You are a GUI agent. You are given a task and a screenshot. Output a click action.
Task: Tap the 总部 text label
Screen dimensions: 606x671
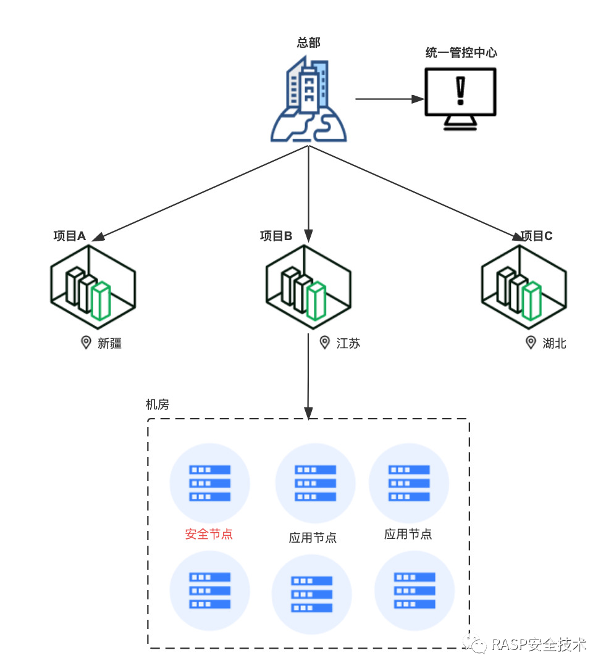(x=308, y=43)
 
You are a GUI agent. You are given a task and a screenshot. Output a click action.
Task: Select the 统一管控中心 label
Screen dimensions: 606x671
(x=461, y=52)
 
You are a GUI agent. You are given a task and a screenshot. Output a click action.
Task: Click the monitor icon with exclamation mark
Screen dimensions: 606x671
(x=460, y=98)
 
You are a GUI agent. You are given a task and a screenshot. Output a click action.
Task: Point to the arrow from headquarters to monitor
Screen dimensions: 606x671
(x=390, y=99)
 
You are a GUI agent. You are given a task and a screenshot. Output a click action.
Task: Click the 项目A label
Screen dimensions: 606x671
(x=69, y=236)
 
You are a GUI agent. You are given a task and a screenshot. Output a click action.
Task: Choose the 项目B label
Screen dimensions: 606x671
(x=276, y=236)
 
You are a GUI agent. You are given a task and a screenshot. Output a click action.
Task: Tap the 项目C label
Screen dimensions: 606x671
(x=536, y=236)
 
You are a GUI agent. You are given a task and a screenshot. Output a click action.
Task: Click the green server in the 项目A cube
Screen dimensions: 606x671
(x=101, y=301)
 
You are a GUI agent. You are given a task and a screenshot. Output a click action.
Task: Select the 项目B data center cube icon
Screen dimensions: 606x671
(x=308, y=286)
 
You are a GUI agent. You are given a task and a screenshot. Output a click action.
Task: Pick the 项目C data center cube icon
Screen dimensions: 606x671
(x=524, y=286)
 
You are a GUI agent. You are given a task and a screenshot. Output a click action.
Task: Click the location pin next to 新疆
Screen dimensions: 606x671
(x=86, y=343)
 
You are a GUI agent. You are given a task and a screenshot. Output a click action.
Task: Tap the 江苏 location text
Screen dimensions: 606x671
(x=348, y=343)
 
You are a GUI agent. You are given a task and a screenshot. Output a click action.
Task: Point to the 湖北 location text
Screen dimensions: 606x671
(x=555, y=343)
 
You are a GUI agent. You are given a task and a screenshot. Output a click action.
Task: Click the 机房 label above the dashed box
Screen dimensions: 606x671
(x=157, y=404)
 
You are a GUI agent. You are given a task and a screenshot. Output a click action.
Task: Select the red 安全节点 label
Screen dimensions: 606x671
(x=209, y=534)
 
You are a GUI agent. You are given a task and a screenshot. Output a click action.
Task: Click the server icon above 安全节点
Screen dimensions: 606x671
(x=210, y=483)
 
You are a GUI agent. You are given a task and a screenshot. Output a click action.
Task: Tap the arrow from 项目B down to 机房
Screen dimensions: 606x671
(x=308, y=377)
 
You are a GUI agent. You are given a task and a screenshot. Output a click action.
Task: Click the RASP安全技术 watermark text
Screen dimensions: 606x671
(x=539, y=644)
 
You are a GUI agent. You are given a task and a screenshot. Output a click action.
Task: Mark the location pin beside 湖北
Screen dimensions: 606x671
(x=531, y=343)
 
